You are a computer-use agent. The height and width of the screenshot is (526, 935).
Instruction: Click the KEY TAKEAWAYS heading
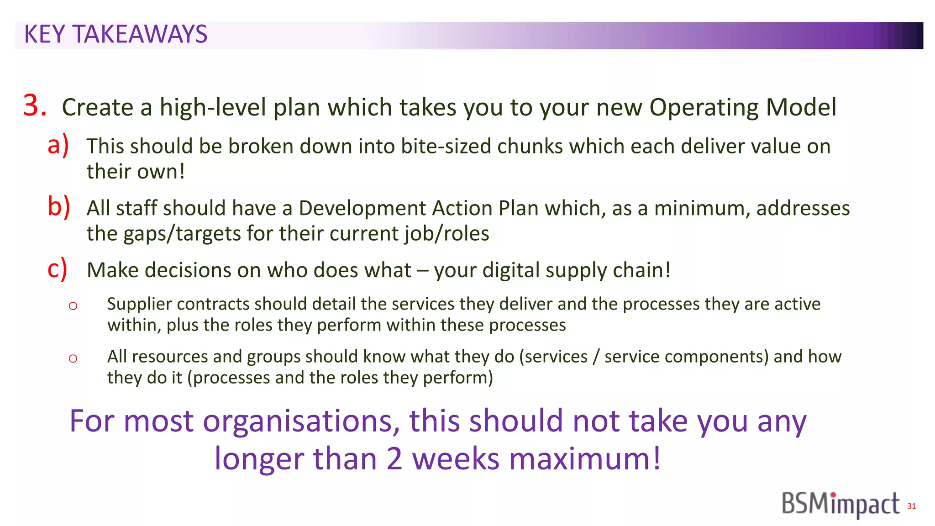116,35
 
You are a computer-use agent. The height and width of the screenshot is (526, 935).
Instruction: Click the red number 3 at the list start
35,106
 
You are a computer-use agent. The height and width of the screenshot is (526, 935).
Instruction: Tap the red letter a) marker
58,145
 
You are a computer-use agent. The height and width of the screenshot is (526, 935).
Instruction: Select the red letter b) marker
59,206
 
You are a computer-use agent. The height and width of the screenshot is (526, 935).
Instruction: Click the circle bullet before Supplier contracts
73,306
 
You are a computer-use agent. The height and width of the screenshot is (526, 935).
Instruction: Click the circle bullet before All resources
73,358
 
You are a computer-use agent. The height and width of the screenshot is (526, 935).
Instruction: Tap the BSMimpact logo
840,505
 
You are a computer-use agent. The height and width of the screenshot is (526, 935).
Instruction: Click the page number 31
911,506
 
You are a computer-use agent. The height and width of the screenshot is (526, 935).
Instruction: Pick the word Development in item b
362,208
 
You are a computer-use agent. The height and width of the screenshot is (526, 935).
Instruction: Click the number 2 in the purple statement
394,459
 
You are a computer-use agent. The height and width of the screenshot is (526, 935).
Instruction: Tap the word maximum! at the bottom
585,459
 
